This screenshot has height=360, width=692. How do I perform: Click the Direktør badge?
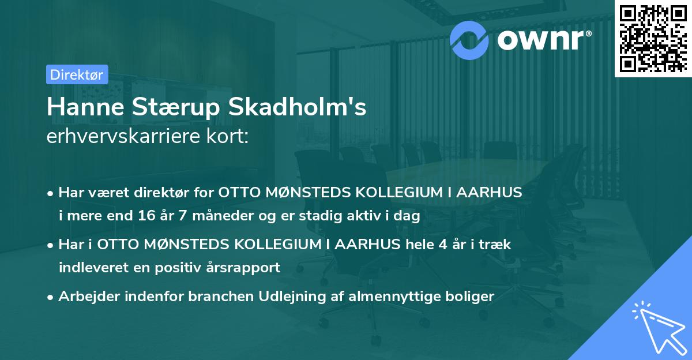tap(77, 74)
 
